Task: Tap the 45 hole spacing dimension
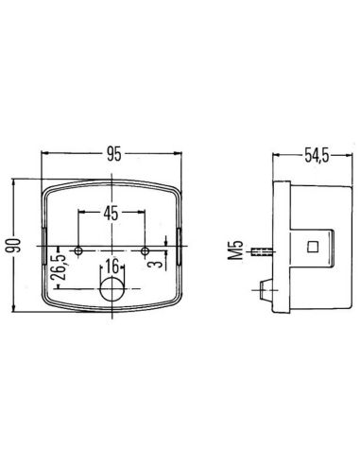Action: tap(111, 211)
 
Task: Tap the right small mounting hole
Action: tap(145, 250)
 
